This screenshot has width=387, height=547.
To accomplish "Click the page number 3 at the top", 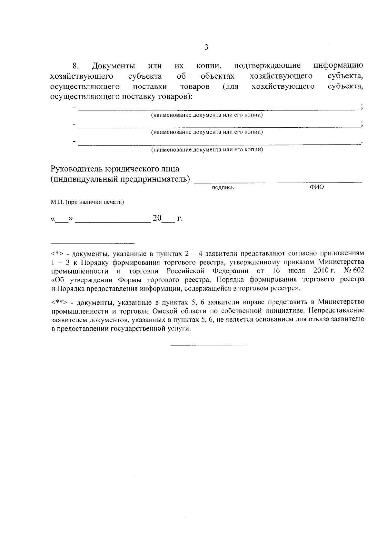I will click(x=206, y=47).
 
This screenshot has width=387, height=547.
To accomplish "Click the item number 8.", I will click(x=75, y=66).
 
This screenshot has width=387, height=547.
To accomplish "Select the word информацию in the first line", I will click(x=338, y=66).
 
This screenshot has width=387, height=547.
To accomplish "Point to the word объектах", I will click(x=217, y=77).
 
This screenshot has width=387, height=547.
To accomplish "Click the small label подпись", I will click(x=223, y=188).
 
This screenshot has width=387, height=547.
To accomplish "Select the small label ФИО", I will click(x=317, y=187).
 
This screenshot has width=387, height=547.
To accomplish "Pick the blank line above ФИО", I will click(x=320, y=183).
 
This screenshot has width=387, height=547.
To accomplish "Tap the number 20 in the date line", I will click(x=157, y=218).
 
